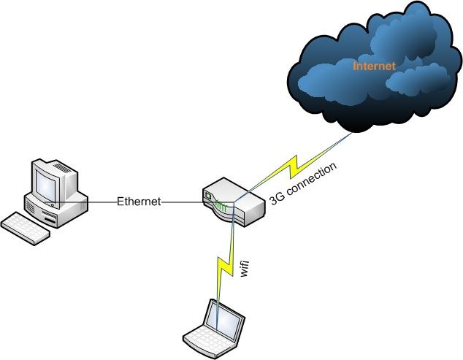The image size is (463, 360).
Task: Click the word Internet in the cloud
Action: pos(374,66)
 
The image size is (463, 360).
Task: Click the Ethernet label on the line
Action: pos(139,202)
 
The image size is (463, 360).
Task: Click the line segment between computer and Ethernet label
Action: pos(102,202)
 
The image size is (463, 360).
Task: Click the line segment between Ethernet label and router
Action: pos(181,202)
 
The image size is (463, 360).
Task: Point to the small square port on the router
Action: pos(209,196)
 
